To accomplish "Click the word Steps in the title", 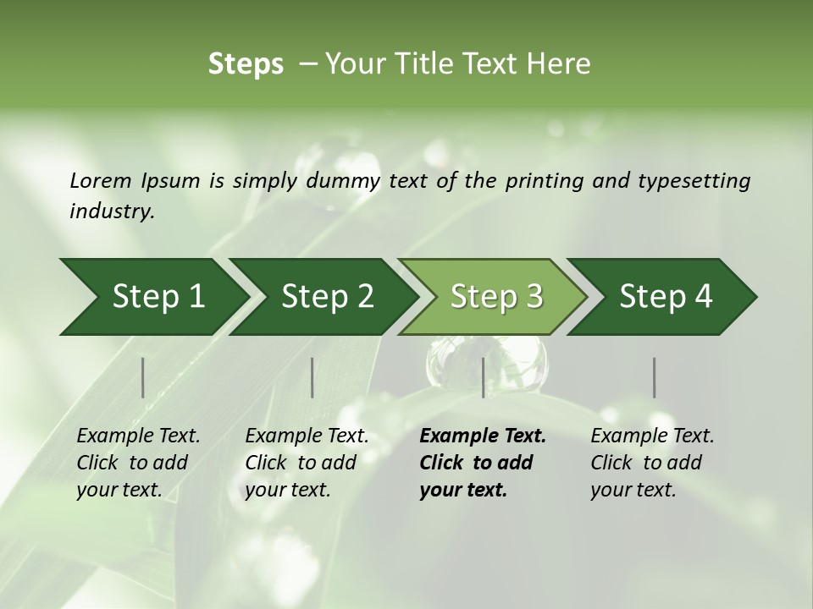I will point(246,64).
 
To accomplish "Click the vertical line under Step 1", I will point(143,377).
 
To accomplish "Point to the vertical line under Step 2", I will point(312,377).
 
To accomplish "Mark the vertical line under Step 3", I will point(484,377).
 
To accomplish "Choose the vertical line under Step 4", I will point(655,377).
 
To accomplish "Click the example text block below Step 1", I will point(138,463).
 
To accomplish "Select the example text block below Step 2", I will point(307,463).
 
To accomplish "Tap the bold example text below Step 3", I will point(483,463).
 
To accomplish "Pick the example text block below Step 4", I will point(652,463).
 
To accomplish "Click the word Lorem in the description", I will point(101,180).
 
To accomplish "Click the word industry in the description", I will point(111,211).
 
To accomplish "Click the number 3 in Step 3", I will point(534,297).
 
